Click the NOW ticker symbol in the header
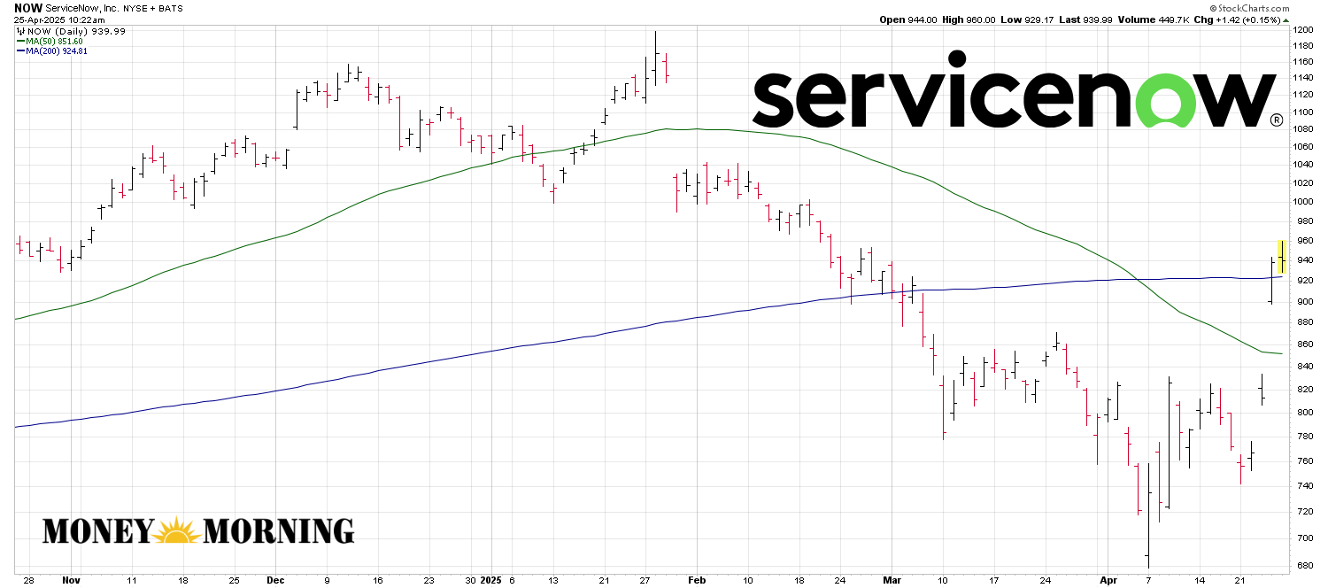pos(27,7)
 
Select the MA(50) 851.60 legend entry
pos(55,41)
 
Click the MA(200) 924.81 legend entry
pos(57,51)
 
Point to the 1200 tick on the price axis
pos(1303,30)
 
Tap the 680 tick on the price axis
pos(1301,566)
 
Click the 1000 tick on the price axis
pos(1303,202)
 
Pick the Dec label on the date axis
pos(274,580)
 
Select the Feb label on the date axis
pos(696,580)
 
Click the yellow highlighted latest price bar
pos(1282,256)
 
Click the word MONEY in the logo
pos(97,530)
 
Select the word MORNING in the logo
pos(279,530)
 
